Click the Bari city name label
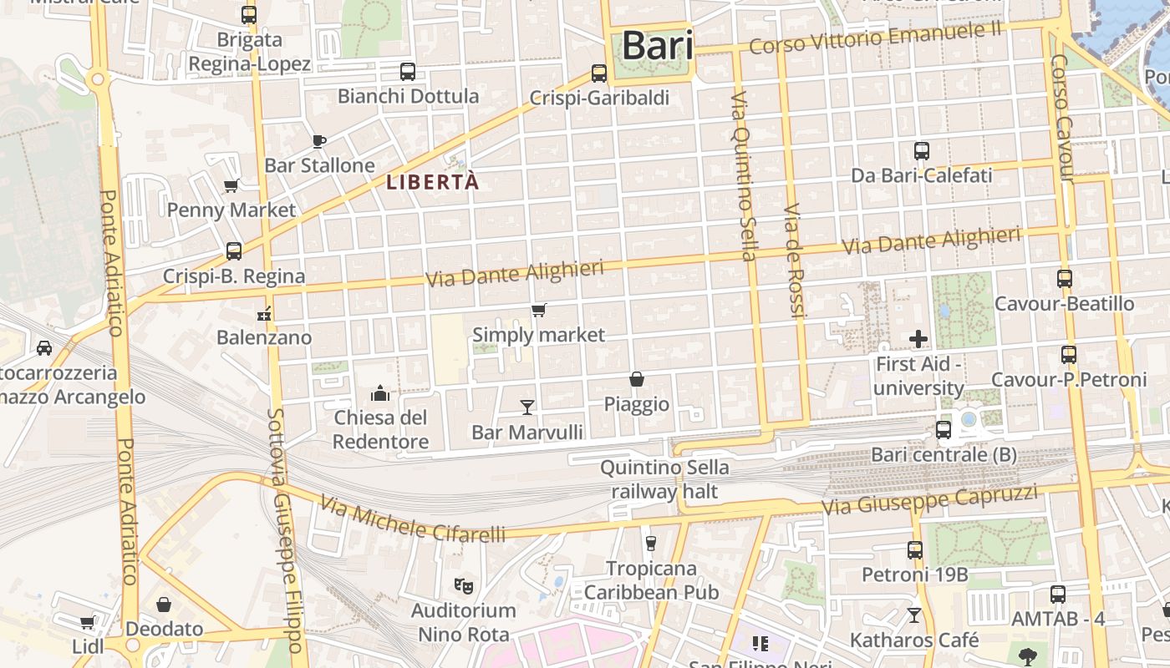pyautogui.click(x=658, y=46)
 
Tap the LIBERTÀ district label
pyautogui.click(x=433, y=182)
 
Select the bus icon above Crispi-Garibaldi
pyautogui.click(x=599, y=73)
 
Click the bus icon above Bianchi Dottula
pyautogui.click(x=408, y=72)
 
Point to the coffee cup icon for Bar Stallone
pyautogui.click(x=318, y=140)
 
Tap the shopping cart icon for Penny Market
pyautogui.click(x=231, y=185)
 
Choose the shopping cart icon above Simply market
pyautogui.click(x=539, y=311)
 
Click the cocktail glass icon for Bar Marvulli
pyautogui.click(x=527, y=407)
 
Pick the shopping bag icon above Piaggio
pyautogui.click(x=637, y=379)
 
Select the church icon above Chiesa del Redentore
pyautogui.click(x=381, y=392)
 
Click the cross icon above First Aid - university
pyautogui.click(x=918, y=339)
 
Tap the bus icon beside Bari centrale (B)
pyautogui.click(x=944, y=430)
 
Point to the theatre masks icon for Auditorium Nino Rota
pyautogui.click(x=464, y=585)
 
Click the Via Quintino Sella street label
pyautogui.click(x=743, y=175)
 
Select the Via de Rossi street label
pyautogui.click(x=794, y=261)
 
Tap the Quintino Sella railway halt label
pyautogui.click(x=664, y=479)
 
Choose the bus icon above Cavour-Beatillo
pyautogui.click(x=1065, y=279)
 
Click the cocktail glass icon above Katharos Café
pyautogui.click(x=914, y=615)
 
